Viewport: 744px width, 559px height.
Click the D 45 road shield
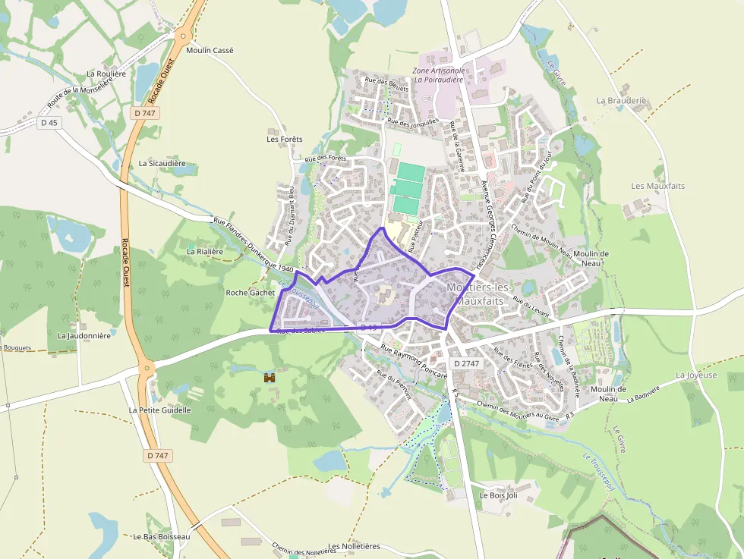click(x=49, y=122)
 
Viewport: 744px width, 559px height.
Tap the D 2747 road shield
click(x=466, y=364)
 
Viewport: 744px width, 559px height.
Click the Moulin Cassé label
click(x=210, y=50)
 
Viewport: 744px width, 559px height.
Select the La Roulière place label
click(x=106, y=74)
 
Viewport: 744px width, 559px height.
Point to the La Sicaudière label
click(x=162, y=163)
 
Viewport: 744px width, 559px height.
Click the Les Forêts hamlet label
click(x=285, y=139)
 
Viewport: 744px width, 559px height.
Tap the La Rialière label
click(x=205, y=250)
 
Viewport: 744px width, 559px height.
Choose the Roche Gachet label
click(x=251, y=292)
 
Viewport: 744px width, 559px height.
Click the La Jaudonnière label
click(x=84, y=335)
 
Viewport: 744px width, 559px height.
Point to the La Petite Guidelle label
click(x=159, y=410)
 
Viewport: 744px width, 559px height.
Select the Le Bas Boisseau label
click(x=161, y=536)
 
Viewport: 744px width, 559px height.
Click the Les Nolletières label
click(x=355, y=546)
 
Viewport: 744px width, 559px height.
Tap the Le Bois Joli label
click(x=498, y=495)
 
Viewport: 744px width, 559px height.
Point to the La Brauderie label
click(x=621, y=100)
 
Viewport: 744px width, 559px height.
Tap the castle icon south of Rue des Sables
click(x=268, y=377)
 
